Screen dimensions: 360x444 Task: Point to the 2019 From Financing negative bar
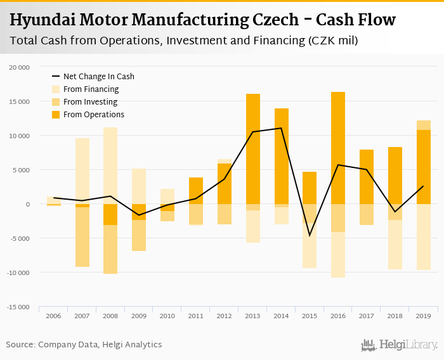coord(424,237)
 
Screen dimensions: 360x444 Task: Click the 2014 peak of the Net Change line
coord(281,128)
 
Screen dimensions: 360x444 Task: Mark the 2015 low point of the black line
coord(310,236)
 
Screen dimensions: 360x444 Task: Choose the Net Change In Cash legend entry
coord(98,77)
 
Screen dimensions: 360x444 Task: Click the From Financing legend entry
coord(91,89)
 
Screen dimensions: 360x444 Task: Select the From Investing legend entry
coord(90,102)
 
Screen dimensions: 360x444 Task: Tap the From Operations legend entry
coord(93,115)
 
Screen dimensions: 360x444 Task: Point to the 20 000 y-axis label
coord(20,67)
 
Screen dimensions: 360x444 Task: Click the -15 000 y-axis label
coord(18,307)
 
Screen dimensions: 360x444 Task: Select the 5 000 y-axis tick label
coord(21,170)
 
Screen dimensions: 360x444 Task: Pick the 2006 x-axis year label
coord(53,316)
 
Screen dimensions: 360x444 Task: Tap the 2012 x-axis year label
coord(225,316)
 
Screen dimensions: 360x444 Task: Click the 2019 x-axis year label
coord(424,316)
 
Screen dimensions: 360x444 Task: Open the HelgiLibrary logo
coord(399,345)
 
